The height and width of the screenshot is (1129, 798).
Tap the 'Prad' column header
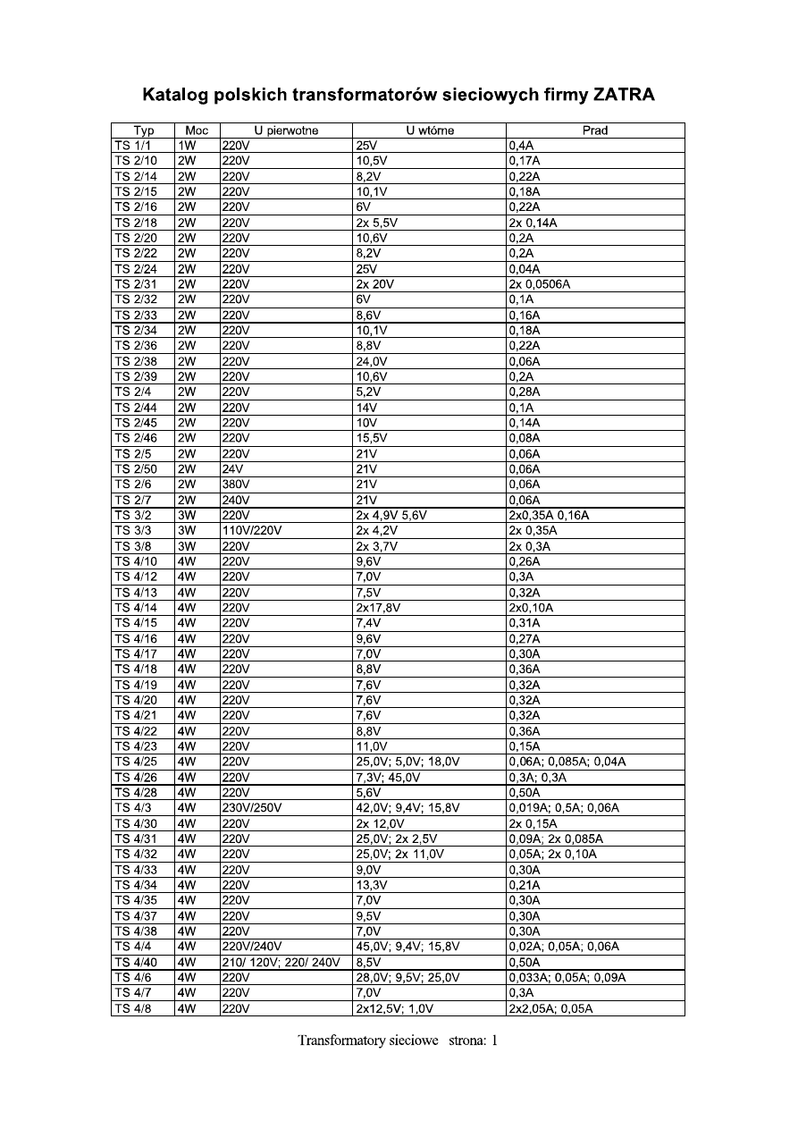(x=595, y=131)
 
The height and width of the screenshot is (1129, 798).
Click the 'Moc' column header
(x=197, y=131)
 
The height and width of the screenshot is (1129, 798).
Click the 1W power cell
(x=187, y=146)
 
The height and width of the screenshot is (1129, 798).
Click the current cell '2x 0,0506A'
(x=540, y=284)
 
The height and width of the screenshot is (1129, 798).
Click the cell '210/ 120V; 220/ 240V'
(x=281, y=963)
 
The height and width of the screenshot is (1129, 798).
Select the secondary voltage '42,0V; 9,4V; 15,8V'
(x=407, y=808)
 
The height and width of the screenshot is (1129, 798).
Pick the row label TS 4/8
(x=132, y=1009)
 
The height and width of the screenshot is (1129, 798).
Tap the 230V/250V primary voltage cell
(x=252, y=808)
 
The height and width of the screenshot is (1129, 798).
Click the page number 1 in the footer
(x=492, y=1041)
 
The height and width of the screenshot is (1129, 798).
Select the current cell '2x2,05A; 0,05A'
(x=550, y=1009)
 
